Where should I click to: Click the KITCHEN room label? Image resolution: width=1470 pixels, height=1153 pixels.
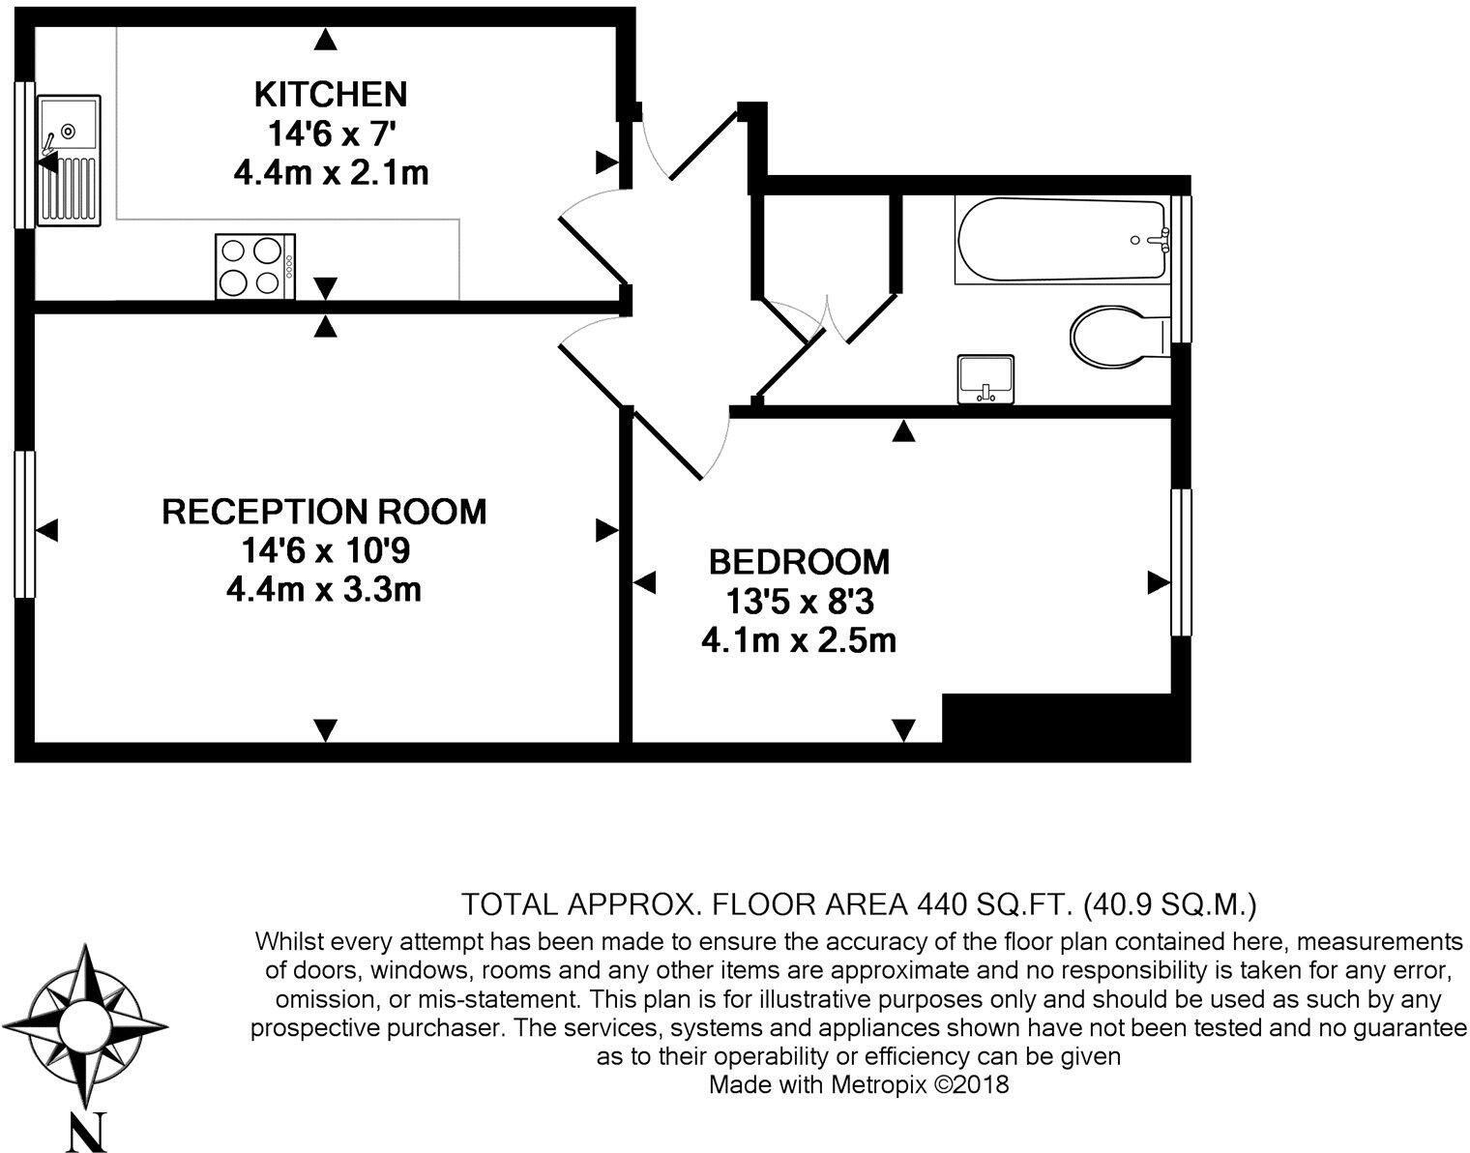pos(330,94)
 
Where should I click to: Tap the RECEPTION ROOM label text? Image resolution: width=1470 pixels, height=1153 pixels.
pos(324,511)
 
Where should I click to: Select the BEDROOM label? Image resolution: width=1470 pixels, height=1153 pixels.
pos(799,561)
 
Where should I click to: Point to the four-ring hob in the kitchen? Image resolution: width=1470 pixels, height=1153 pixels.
pos(254,266)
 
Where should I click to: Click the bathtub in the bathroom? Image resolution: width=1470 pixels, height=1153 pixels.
pos(1060,240)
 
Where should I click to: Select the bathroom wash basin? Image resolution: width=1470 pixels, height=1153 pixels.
pos(985,378)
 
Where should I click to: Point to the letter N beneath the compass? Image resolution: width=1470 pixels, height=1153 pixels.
pos(87,1132)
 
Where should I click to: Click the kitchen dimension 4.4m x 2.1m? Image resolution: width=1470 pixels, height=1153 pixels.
pos(331,173)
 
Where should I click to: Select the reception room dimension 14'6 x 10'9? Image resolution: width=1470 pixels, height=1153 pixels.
pos(326,550)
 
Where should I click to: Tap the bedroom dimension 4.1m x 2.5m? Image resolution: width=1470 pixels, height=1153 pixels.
pos(799,640)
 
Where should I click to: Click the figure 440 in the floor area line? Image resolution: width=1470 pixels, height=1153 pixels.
pos(942,904)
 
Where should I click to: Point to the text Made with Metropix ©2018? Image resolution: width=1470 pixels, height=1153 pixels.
pos(859,1084)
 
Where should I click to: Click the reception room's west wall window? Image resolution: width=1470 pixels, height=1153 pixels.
pos(24,524)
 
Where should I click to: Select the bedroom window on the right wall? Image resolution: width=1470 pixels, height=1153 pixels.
pos(1181,562)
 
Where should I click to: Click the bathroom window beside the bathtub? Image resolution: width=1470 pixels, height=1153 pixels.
pos(1181,269)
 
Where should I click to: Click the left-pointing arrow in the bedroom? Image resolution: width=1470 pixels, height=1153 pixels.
pos(645,582)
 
